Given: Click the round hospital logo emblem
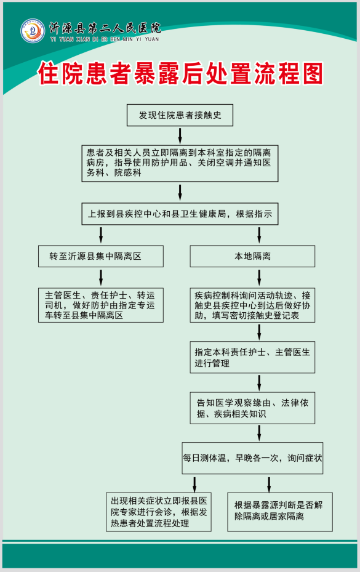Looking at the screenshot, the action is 33,31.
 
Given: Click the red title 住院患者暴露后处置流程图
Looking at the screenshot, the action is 181,73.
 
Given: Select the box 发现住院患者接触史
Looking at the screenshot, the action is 180,115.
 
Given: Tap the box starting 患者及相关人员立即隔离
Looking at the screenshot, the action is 180,163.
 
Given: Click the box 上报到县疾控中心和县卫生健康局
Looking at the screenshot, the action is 180,214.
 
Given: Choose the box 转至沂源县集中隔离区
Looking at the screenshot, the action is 101,256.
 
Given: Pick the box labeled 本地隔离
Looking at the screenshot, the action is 252,256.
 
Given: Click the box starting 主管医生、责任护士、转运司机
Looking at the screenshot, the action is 101,305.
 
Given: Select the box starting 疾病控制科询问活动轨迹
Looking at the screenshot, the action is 252,305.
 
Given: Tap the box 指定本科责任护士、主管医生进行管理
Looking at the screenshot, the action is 252,357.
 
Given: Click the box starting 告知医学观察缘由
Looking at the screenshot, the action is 252,408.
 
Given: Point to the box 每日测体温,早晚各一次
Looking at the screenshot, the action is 252,458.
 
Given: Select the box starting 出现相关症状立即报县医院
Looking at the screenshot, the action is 159,512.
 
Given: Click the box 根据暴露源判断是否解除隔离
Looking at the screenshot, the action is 280,512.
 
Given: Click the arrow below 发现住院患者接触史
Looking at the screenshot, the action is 180,135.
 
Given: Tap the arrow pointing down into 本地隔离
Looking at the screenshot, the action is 259,235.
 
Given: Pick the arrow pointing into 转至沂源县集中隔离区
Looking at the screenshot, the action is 101,235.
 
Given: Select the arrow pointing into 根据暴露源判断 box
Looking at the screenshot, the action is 269,485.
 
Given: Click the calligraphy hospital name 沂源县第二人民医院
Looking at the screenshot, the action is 105,28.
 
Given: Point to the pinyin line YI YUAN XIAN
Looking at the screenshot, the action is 105,39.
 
